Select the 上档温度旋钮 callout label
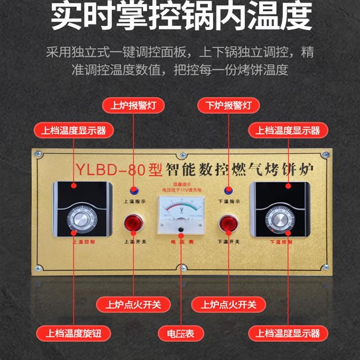tap(73, 333)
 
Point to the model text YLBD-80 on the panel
tap(111, 170)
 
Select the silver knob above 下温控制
tap(279, 219)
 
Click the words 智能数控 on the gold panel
tap(193, 170)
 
